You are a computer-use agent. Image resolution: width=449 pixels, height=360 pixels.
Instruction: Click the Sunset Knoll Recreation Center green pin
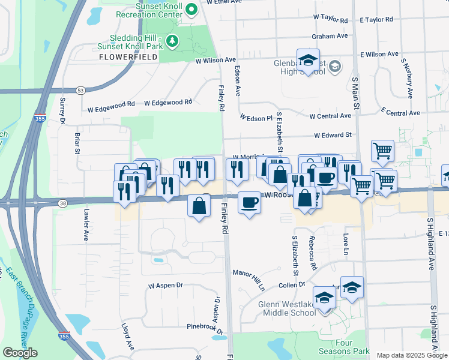click(191, 9)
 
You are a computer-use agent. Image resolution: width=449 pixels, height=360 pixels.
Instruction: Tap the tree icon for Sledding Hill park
click(173, 41)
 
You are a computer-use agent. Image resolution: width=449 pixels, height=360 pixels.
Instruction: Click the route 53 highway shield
click(81, 91)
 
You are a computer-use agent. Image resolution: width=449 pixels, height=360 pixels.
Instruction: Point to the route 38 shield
click(62, 203)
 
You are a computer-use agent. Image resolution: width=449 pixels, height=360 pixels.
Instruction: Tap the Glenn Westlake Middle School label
click(287, 308)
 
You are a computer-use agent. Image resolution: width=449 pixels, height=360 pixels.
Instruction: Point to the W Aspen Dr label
click(165, 286)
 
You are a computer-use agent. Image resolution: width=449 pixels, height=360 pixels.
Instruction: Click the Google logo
click(20, 353)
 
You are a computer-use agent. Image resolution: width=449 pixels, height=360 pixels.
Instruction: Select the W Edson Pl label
click(256, 118)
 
